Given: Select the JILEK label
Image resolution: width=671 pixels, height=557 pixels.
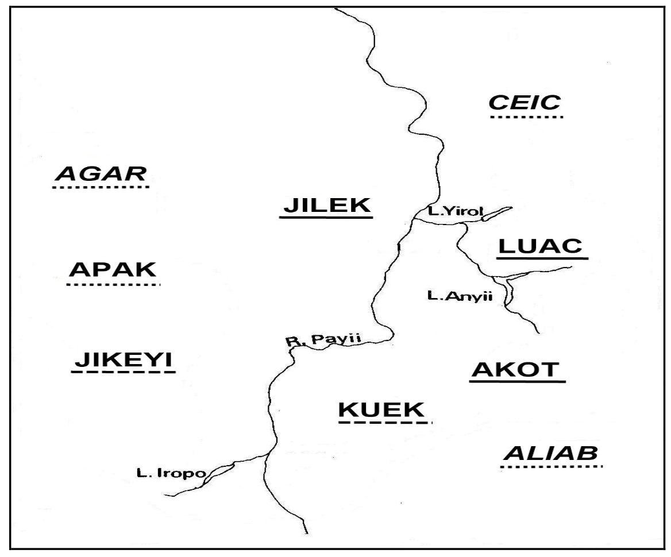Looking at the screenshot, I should point(325,205).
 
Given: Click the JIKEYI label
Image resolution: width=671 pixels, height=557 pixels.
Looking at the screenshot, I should point(123,360).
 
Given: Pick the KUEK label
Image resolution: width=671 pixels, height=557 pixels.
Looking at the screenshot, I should point(383,410).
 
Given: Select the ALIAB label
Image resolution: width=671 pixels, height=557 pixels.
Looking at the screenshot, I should point(550,453).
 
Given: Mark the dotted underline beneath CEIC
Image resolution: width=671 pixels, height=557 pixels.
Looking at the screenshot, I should point(526,117).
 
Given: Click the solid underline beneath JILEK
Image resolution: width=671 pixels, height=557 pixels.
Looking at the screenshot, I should point(326,217).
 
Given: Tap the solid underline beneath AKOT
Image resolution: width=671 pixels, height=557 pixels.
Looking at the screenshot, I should point(518,381).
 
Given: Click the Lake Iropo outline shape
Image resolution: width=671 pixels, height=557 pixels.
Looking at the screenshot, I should point(220,472).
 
